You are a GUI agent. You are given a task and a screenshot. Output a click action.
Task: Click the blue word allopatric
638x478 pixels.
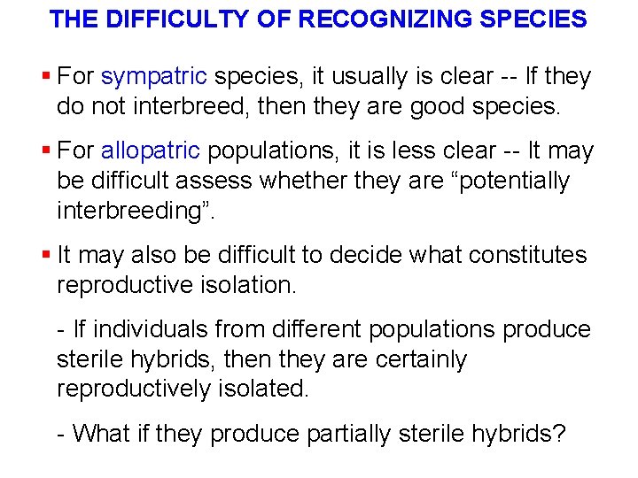(151, 151)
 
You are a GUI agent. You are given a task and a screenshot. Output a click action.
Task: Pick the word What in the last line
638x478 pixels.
(101, 434)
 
